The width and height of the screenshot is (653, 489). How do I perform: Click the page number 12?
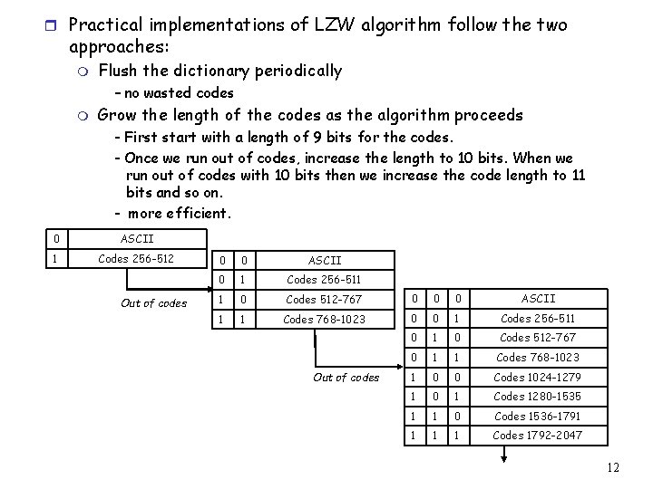(x=613, y=467)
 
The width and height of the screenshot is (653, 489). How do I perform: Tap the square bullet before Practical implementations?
(x=52, y=25)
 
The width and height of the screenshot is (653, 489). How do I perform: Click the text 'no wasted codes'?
(x=179, y=92)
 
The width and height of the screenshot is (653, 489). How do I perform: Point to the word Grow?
(x=116, y=115)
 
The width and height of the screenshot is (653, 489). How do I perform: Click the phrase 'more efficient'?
(x=180, y=215)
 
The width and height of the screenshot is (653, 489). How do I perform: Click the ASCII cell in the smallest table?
(x=137, y=239)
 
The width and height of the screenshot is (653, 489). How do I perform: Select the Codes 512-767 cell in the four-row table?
(x=324, y=300)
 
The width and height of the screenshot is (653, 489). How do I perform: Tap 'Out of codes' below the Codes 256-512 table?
(x=153, y=303)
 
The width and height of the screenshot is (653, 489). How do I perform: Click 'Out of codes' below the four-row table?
(x=346, y=378)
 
